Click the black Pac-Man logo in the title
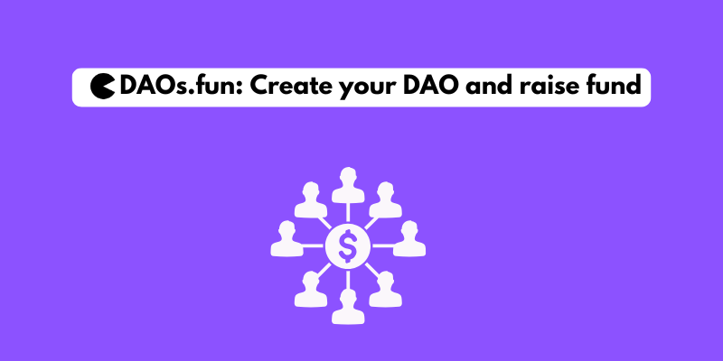[x=103, y=87]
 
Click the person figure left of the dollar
[x=286, y=239]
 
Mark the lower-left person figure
[x=310, y=287]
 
